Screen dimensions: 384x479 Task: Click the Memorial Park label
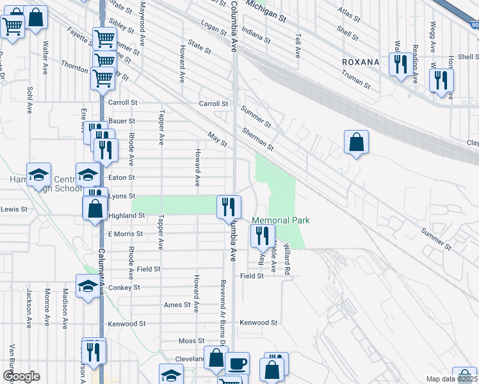(x=280, y=220)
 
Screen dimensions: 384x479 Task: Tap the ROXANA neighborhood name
(x=360, y=62)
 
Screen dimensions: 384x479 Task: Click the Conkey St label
(x=127, y=288)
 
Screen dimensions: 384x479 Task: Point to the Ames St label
(x=177, y=305)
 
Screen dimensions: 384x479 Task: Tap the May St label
(x=218, y=139)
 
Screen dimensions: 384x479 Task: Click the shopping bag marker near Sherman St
(x=356, y=142)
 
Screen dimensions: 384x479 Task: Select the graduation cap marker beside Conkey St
(x=87, y=285)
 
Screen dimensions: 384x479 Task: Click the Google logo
(x=21, y=376)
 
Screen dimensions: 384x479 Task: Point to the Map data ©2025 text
(x=452, y=379)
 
